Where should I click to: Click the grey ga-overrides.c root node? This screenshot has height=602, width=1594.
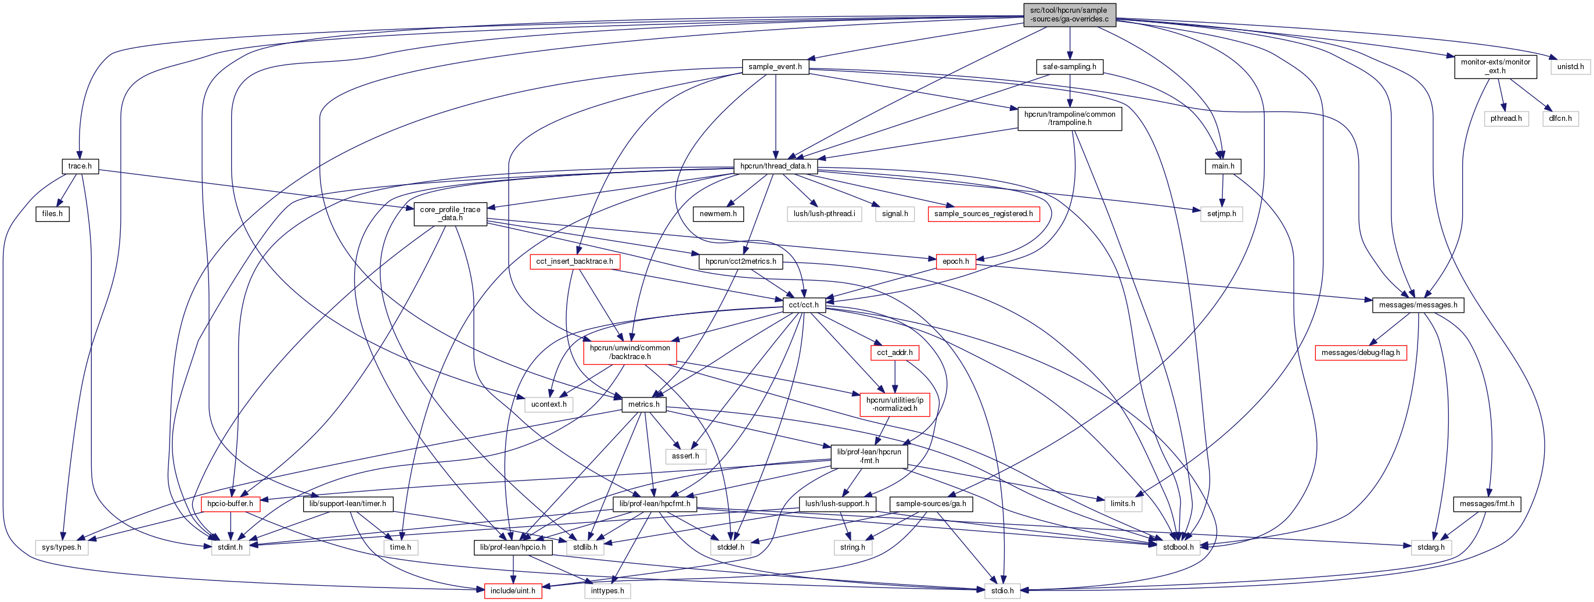click(1069, 15)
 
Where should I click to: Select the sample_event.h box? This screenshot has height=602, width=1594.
click(775, 67)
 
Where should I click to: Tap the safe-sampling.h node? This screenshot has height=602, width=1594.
click(1069, 67)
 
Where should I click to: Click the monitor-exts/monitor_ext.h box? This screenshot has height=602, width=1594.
click(1495, 66)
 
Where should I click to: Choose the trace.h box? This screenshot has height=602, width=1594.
click(80, 166)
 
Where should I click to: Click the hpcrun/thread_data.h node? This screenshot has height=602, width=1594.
click(775, 166)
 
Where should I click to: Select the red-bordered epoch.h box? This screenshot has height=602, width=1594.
click(955, 261)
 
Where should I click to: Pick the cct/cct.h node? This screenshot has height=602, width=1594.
click(803, 304)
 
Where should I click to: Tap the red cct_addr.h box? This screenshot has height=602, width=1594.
click(894, 352)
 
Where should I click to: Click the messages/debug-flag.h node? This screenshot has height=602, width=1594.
click(1360, 352)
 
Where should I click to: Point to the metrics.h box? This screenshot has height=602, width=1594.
click(643, 404)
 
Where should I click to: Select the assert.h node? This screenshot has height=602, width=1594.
click(685, 456)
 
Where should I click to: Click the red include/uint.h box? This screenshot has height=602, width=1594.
click(512, 591)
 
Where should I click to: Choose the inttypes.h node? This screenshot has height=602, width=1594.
click(607, 591)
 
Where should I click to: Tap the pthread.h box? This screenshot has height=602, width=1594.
click(1506, 119)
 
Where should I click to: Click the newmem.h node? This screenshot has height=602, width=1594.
click(718, 214)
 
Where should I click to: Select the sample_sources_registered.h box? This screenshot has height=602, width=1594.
click(983, 214)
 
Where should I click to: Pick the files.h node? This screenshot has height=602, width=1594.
click(52, 214)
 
